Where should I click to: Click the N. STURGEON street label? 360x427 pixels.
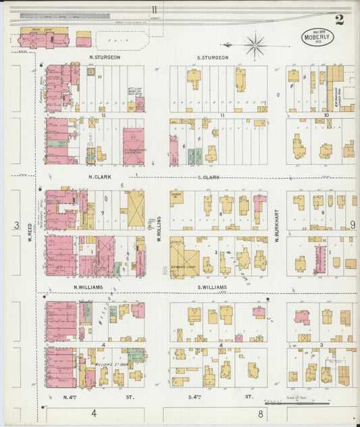pyautogui.click(x=105, y=58)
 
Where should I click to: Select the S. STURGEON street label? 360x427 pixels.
pyautogui.click(x=213, y=58)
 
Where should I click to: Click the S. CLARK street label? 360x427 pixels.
pyautogui.click(x=209, y=177)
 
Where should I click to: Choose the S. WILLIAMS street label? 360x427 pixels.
pyautogui.click(x=212, y=287)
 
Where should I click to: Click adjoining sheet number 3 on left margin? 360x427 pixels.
pyautogui.click(x=16, y=225)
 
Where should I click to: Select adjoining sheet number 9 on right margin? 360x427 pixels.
pyautogui.click(x=352, y=225)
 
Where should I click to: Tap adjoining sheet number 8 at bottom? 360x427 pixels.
pyautogui.click(x=259, y=413)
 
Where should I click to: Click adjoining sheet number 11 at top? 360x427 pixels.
pyautogui.click(x=155, y=9)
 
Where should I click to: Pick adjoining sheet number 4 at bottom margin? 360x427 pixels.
pyautogui.click(x=95, y=413)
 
